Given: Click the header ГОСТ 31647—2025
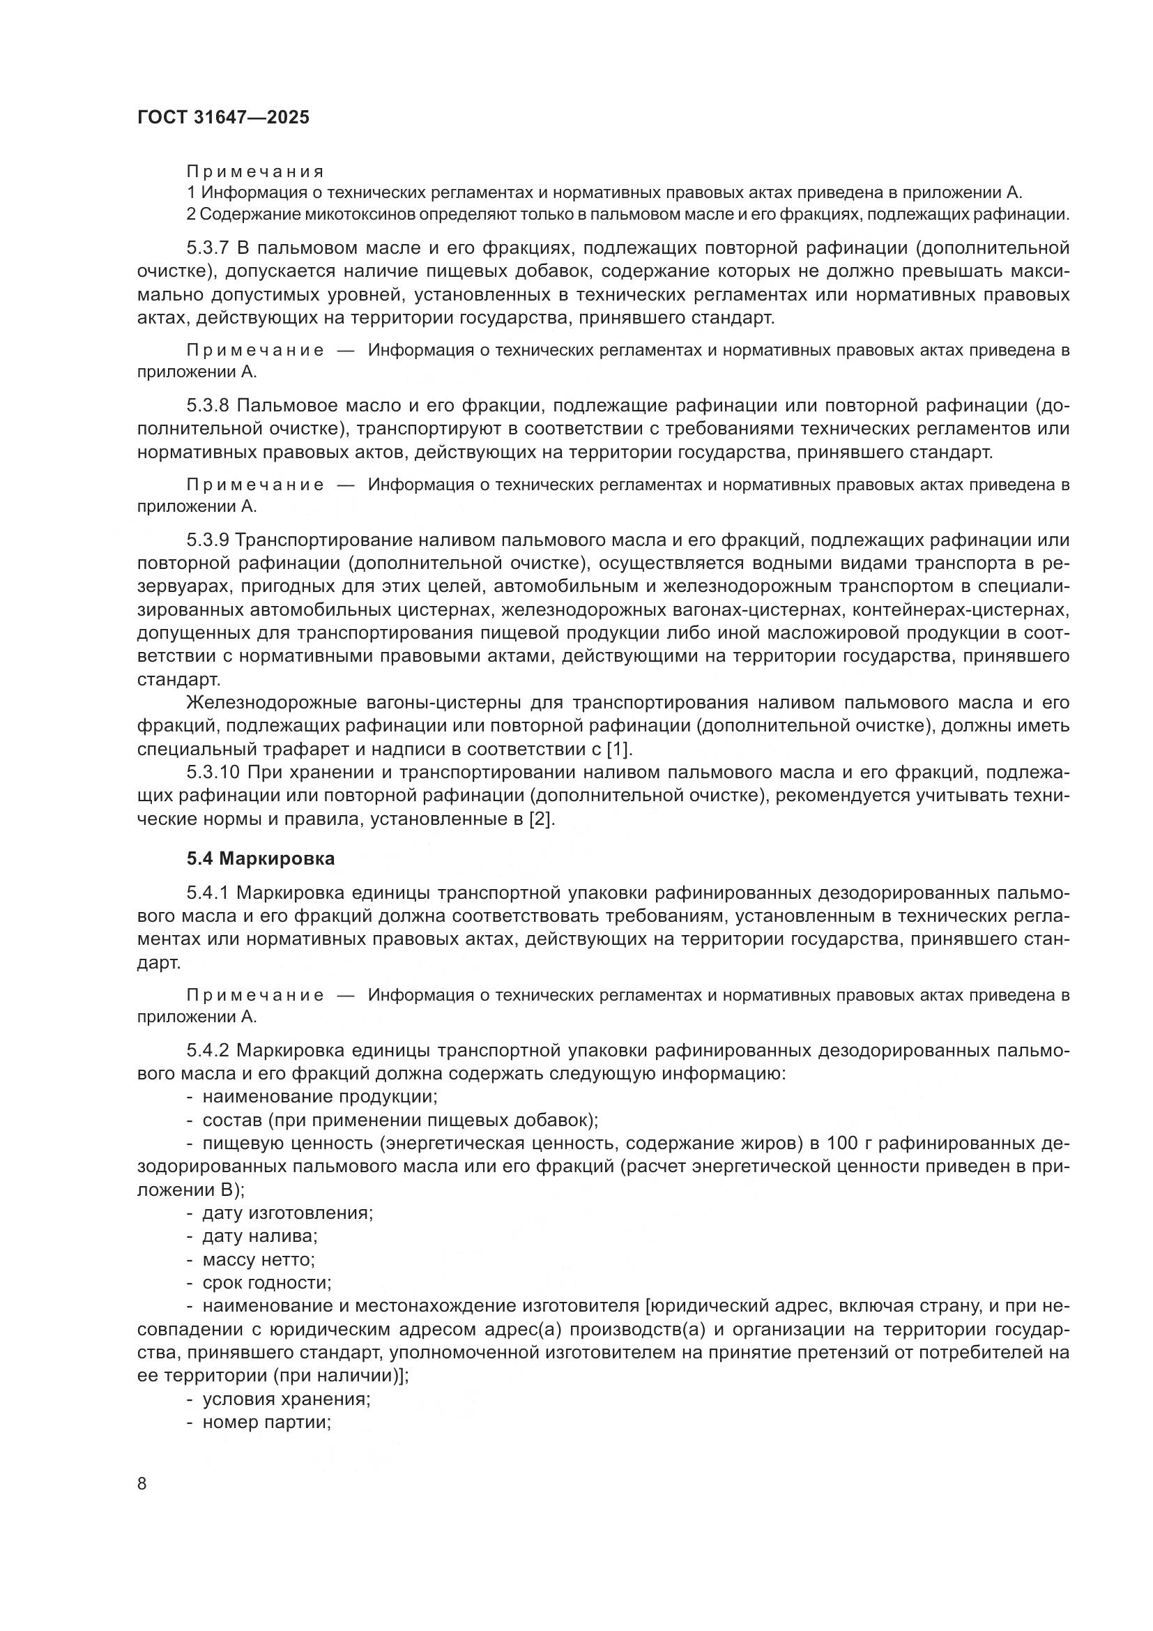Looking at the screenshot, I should pyautogui.click(x=223, y=118).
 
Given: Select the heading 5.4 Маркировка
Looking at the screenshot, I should pyautogui.click(x=261, y=858).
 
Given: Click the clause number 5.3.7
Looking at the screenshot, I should pyautogui.click(x=208, y=248).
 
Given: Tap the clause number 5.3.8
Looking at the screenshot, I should pyautogui.click(x=208, y=406).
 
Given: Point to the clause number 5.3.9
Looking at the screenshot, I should pyautogui.click(x=208, y=540).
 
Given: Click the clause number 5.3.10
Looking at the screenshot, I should pyautogui.click(x=213, y=772).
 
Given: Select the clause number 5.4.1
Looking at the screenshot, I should pyautogui.click(x=208, y=893).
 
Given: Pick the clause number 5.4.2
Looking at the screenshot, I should pyautogui.click(x=208, y=1051).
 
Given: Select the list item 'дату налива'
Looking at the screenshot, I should pyautogui.click(x=259, y=1236).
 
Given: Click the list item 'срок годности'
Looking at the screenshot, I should pyautogui.click(x=267, y=1283).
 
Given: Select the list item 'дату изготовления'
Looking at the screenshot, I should pyautogui.click(x=287, y=1213).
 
